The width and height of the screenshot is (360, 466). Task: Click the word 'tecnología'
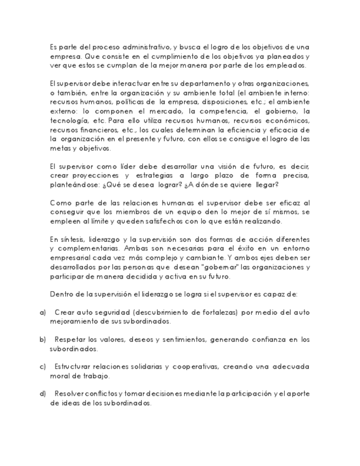[x=69, y=120]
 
